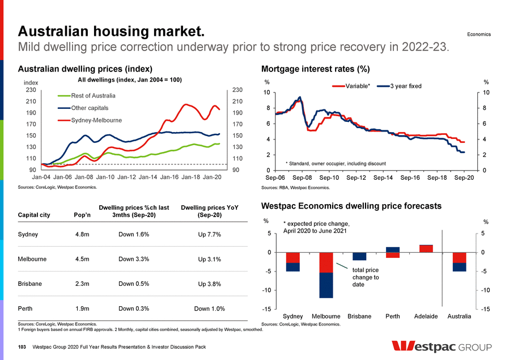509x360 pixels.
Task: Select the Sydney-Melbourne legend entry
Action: (x=96, y=120)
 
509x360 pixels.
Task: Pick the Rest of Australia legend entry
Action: (x=93, y=95)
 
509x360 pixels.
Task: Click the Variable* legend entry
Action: (x=356, y=86)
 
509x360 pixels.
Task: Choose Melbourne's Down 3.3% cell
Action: (x=134, y=260)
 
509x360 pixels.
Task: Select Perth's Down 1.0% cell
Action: (x=209, y=309)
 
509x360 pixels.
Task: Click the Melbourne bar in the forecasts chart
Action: (x=326, y=275)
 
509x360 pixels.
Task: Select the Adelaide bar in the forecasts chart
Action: (x=426, y=248)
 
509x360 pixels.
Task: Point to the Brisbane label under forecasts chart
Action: (x=359, y=316)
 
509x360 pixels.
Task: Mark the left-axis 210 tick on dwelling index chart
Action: (x=31, y=101)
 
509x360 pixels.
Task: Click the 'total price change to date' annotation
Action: (x=365, y=278)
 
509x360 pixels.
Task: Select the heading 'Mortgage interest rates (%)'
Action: (x=315, y=69)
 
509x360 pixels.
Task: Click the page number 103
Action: (x=22, y=347)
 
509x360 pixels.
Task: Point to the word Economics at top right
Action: (x=478, y=35)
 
